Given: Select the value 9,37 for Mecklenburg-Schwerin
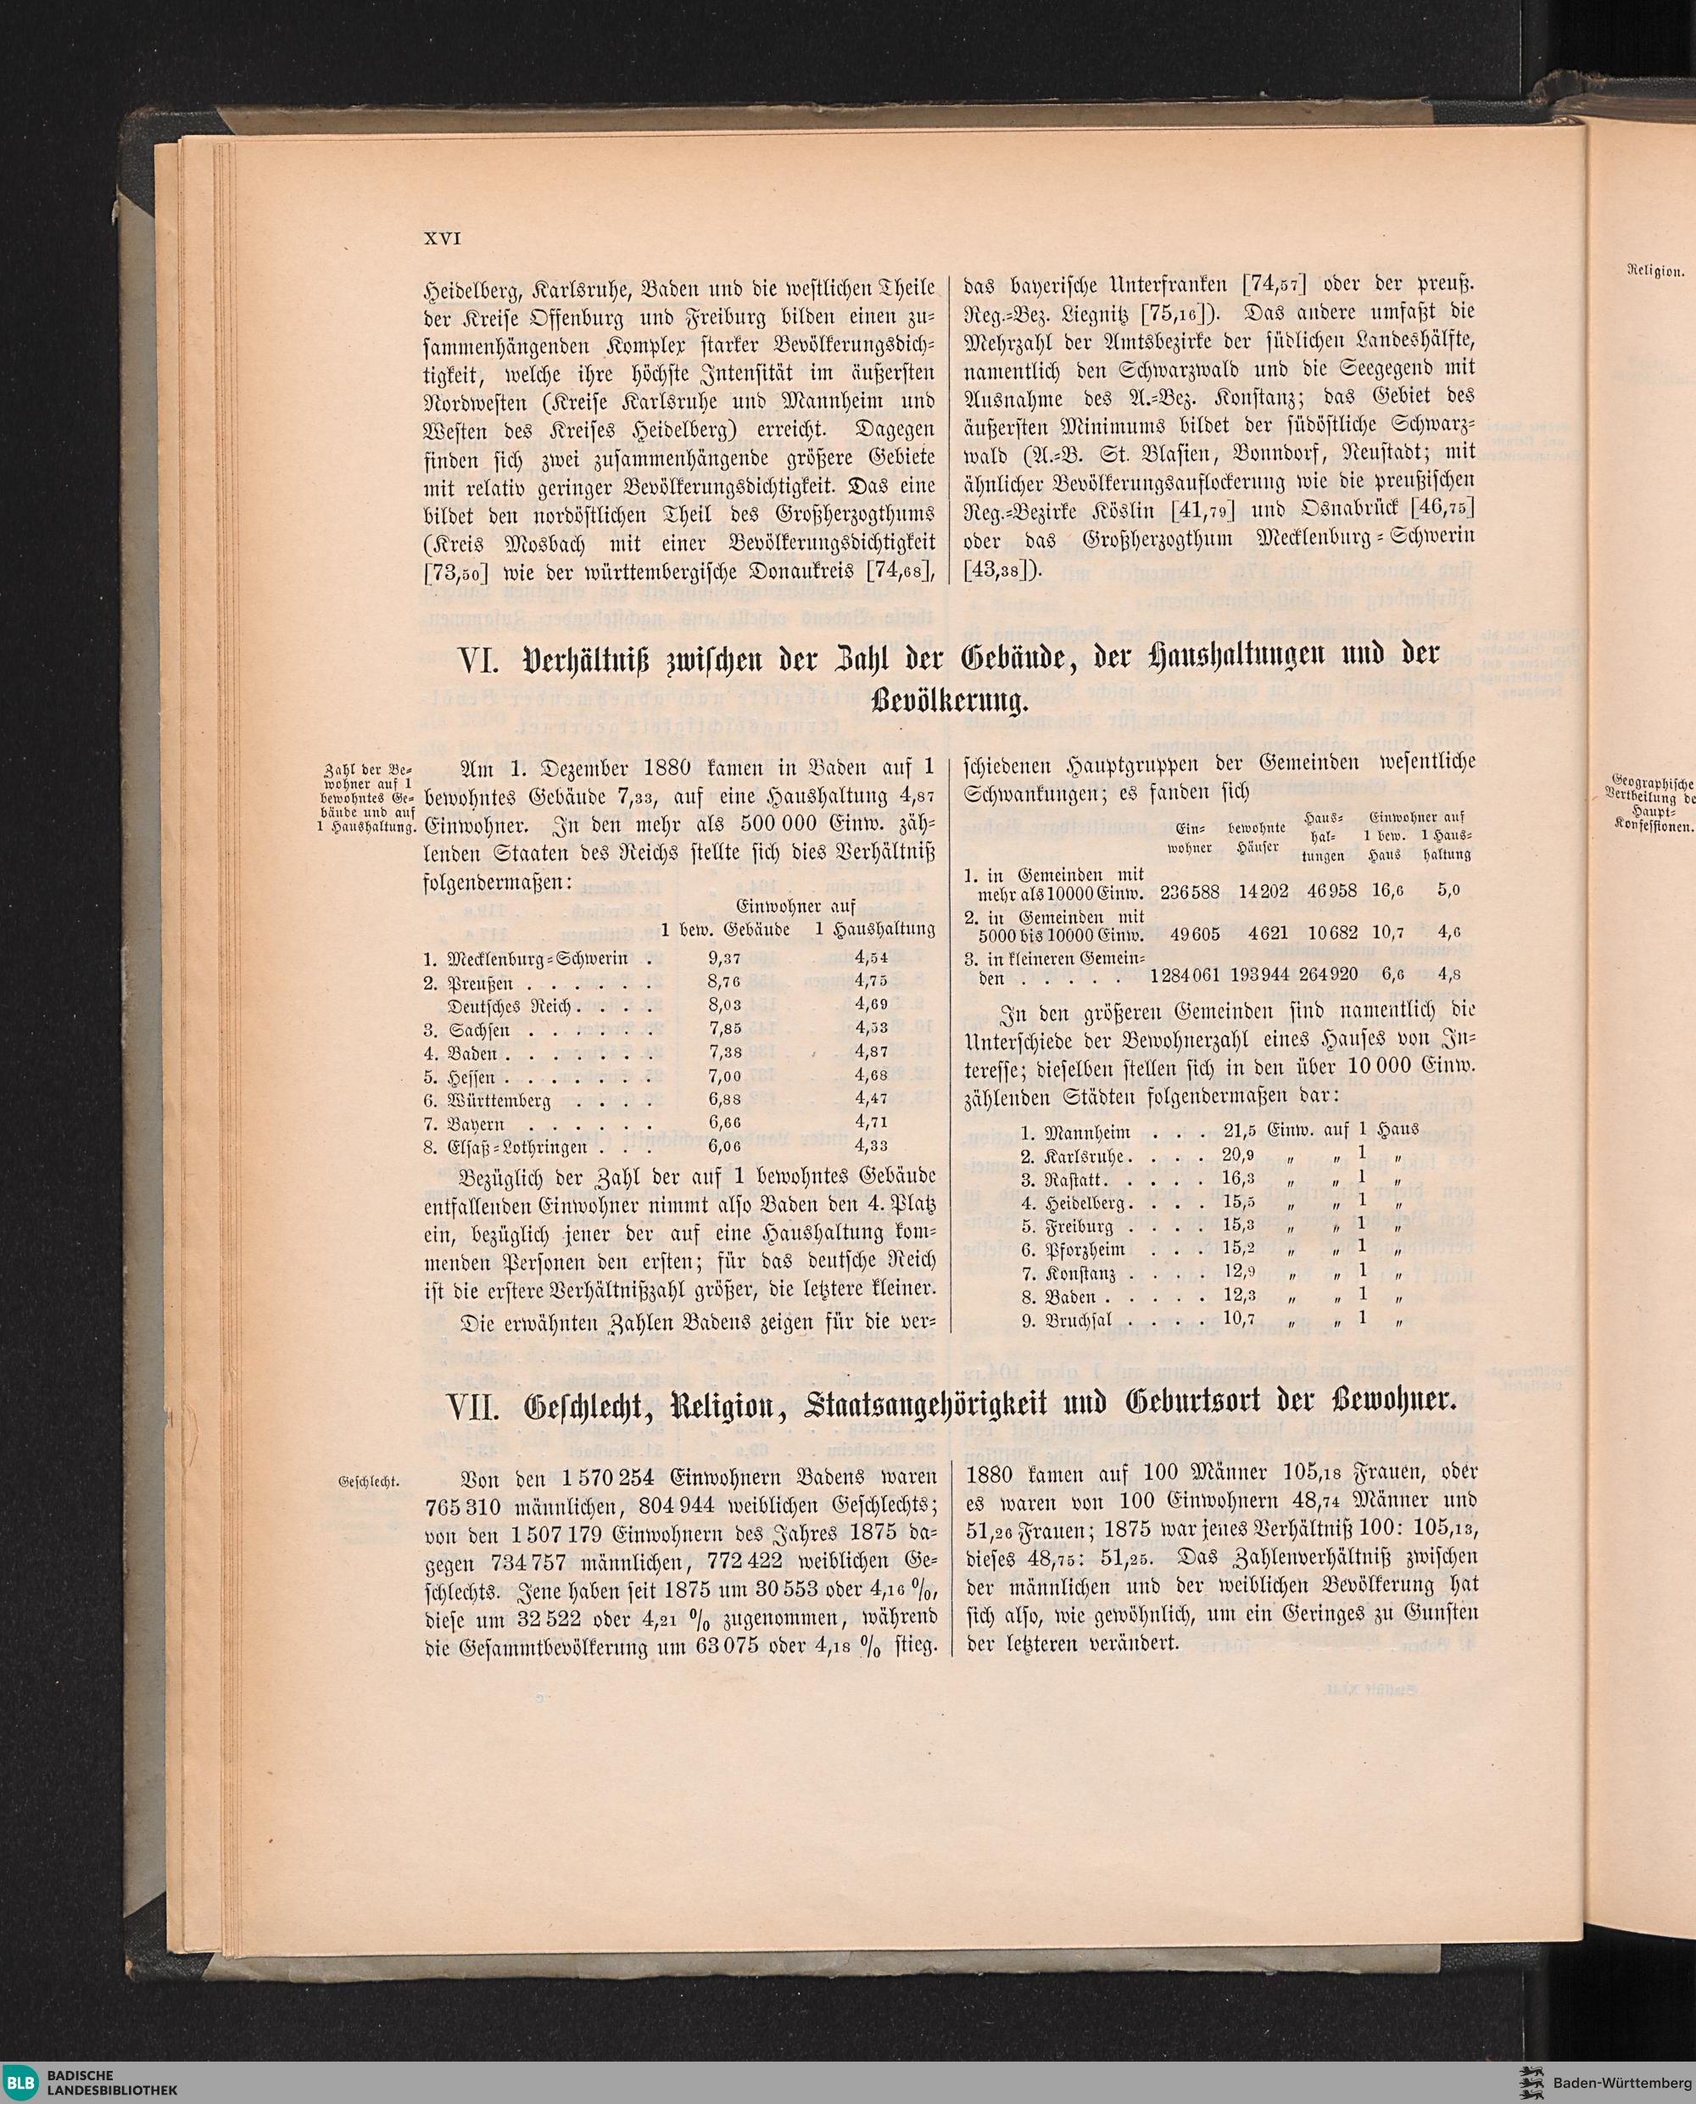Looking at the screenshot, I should pyautogui.click(x=725, y=958).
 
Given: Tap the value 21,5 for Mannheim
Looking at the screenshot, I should pyautogui.click(x=1241, y=1133).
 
